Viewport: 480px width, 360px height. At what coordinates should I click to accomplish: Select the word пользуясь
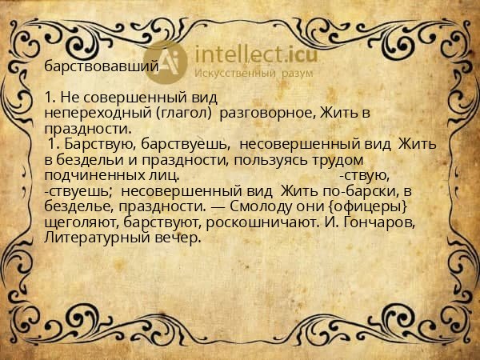point(273,159)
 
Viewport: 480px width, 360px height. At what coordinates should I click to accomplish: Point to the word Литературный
point(94,237)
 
